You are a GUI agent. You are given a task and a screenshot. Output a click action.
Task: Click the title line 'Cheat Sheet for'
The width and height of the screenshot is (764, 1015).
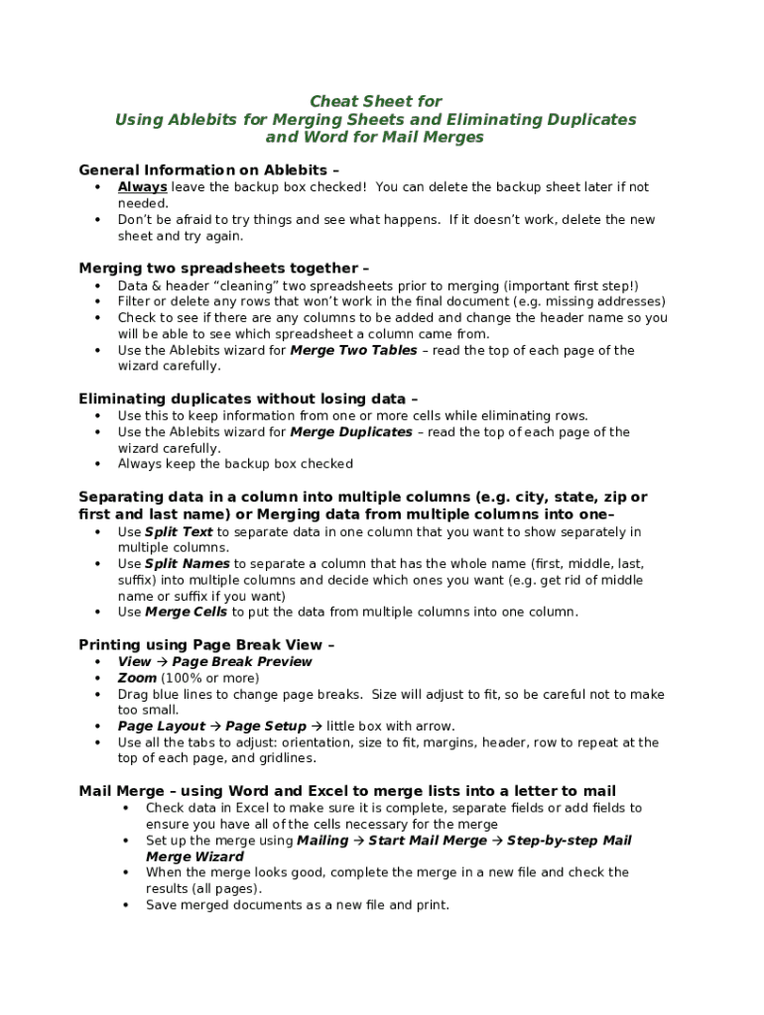tap(375, 101)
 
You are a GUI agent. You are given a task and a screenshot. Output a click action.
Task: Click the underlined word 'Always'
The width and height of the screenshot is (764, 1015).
tap(142, 187)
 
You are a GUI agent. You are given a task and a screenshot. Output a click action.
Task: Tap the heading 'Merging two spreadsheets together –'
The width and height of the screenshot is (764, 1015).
tap(223, 268)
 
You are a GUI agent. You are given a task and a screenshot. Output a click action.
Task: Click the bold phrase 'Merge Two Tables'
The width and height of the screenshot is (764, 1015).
tap(350, 351)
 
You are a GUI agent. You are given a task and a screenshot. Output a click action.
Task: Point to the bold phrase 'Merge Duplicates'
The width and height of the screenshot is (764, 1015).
tap(350, 432)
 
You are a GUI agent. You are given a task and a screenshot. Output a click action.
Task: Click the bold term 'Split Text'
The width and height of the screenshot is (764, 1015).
tap(179, 532)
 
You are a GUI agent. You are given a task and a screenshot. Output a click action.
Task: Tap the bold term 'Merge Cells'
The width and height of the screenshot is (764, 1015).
tap(186, 613)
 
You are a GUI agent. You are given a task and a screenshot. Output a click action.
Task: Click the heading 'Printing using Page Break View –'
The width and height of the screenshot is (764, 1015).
tap(206, 644)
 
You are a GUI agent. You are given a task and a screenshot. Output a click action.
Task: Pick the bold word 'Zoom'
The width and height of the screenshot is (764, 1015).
tap(137, 678)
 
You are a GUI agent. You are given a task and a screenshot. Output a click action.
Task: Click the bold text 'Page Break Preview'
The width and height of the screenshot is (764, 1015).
tap(242, 662)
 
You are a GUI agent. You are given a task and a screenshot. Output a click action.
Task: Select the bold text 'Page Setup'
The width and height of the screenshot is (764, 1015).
tap(266, 727)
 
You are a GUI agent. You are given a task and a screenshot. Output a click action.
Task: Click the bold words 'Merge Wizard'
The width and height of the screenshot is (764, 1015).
tap(194, 857)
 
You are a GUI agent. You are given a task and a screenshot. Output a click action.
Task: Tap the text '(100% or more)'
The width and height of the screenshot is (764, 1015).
tap(210, 678)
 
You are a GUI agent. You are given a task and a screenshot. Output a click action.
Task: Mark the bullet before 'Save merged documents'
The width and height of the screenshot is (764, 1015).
tap(126, 905)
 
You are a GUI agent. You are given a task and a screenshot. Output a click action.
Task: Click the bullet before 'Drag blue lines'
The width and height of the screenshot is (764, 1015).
tap(98, 695)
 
